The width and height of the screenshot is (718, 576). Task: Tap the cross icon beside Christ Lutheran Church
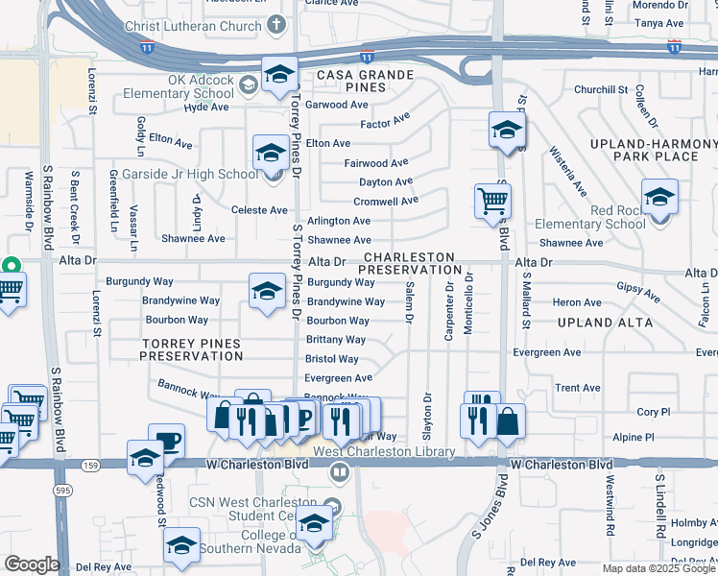tap(276, 24)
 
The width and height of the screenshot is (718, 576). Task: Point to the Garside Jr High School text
tap(189, 174)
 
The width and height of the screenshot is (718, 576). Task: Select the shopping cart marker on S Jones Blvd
tap(492, 202)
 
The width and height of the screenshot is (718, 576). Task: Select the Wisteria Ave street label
tap(567, 172)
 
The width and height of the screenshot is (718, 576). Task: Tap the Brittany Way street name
tap(335, 340)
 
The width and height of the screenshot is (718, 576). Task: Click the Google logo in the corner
tap(31, 564)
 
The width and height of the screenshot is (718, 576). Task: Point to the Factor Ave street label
tap(385, 122)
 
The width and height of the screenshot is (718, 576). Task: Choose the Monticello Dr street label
tap(469, 303)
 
